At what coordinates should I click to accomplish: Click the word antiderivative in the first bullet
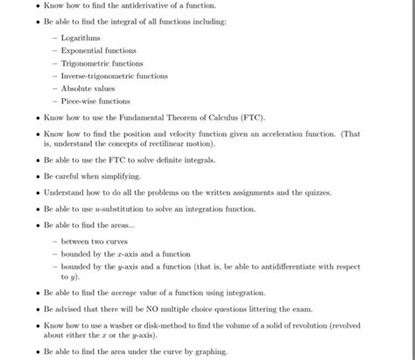click(138, 7)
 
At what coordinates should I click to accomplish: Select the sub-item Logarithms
click(81, 39)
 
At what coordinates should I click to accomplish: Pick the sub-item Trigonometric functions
click(102, 64)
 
